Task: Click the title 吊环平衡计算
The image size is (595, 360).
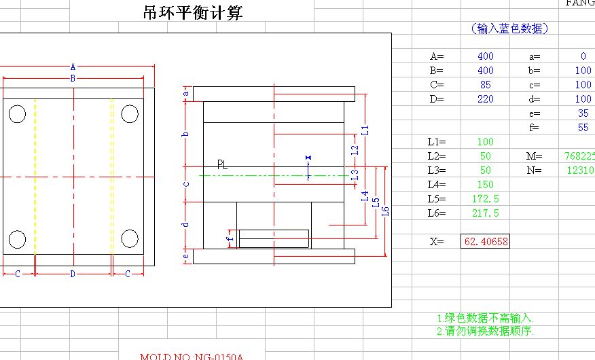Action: click(193, 13)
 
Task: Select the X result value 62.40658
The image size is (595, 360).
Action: click(485, 241)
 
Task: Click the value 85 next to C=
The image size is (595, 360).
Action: click(485, 85)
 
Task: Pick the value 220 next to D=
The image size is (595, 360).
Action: click(485, 99)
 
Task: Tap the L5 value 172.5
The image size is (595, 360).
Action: click(485, 199)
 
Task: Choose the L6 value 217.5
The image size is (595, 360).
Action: click(485, 213)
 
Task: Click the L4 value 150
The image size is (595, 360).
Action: click(485, 185)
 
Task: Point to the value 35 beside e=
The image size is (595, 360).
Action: click(583, 113)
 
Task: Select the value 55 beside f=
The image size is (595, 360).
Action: click(583, 128)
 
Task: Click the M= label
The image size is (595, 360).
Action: click(535, 156)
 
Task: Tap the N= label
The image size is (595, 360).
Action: click(535, 170)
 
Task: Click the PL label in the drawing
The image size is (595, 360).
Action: click(222, 164)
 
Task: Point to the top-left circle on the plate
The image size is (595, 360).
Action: click(18, 113)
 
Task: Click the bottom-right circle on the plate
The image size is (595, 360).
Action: click(130, 238)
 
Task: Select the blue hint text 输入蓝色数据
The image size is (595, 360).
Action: click(509, 29)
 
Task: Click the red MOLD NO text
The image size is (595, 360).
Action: click(192, 357)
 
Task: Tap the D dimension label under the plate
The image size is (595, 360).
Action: click(73, 274)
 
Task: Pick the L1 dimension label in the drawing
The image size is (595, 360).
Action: click(365, 129)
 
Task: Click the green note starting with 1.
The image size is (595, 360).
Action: click(486, 318)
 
